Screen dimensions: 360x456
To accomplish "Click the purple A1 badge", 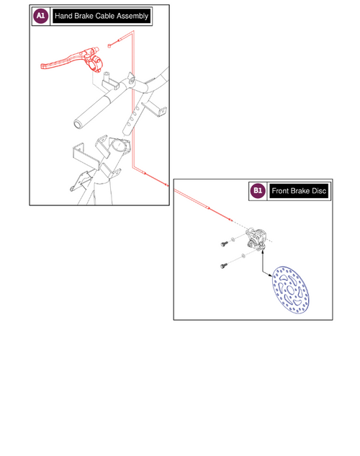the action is [40, 16].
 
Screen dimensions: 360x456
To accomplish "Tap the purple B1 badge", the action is [258, 190].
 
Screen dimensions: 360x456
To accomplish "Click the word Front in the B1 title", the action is [280, 191].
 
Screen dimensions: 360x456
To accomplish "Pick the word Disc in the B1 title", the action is [319, 191].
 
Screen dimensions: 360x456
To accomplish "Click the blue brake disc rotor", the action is [291, 290].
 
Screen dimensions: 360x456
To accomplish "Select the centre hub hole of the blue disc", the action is [291, 290].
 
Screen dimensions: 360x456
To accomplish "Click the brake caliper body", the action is [256, 238].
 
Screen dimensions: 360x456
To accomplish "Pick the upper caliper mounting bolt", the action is [223, 244].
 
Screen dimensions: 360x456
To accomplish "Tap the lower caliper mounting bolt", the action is [223, 266].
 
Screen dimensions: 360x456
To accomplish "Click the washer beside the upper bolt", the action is [233, 240].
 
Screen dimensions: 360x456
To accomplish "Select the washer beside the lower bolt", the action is [243, 256].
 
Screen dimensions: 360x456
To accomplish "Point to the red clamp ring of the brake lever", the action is [95, 64].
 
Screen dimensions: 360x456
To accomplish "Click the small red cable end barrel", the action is [109, 45].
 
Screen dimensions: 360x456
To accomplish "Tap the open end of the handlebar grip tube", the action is [78, 125].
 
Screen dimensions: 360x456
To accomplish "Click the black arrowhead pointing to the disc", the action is [270, 274].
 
